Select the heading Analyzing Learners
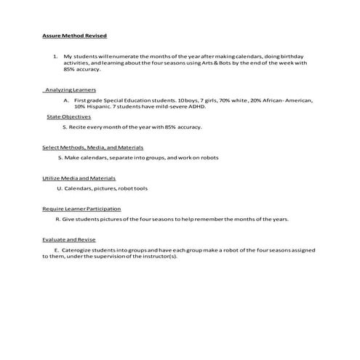[x=65, y=89]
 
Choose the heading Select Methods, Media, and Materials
[x=82, y=148]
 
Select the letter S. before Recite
[x=64, y=127]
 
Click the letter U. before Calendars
[x=59, y=188]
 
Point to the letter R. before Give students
[x=57, y=219]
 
